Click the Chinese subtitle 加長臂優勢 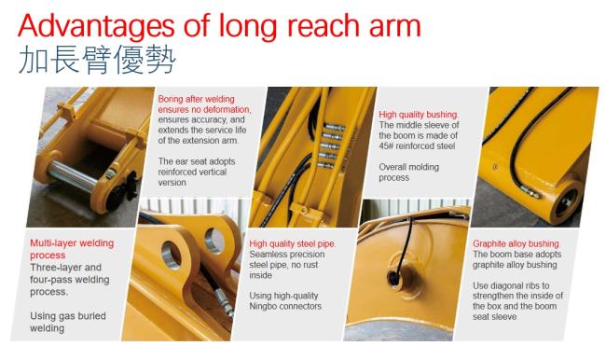coord(97,60)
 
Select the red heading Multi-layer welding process coord(72,249)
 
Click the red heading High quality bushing coord(419,115)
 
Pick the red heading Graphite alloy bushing coord(516,243)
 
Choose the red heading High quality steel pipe coord(293,244)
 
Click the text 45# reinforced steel coord(417,146)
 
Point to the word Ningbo coord(267,306)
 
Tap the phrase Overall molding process coord(409,173)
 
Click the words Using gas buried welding coord(68,322)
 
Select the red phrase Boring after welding coord(197,99)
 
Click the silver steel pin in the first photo coord(74,176)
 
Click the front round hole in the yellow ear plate coord(172,256)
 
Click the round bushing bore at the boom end coord(565,201)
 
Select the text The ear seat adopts coord(197,161)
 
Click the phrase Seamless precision coord(287,255)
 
